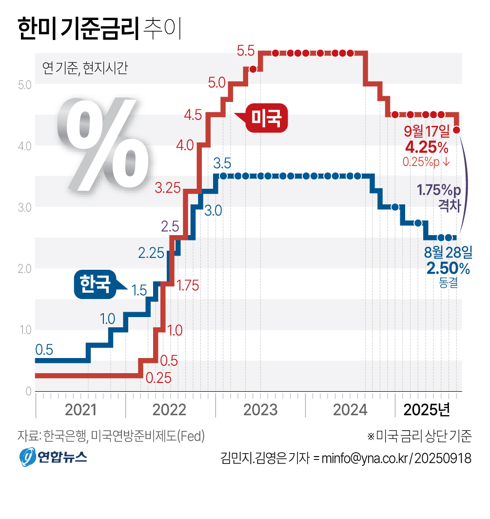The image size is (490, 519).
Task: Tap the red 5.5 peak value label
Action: coord(246,50)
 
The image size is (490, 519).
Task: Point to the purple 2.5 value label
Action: coord(171,226)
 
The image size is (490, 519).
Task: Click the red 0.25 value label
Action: coord(158,378)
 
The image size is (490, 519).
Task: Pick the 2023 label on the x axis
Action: coord(260,410)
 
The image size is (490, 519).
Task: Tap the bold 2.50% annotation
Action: coord(448,268)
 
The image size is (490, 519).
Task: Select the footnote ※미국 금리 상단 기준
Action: coord(419,436)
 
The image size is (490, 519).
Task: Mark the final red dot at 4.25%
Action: coord(457,130)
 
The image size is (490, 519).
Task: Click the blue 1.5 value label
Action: coord(139,291)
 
